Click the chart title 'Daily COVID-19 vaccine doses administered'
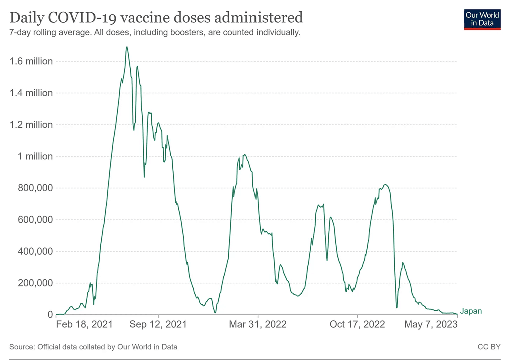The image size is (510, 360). [x=156, y=18]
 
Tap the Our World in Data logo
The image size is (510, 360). [x=483, y=19]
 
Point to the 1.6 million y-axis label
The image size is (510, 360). [x=31, y=61]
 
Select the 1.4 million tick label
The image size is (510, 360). [x=31, y=93]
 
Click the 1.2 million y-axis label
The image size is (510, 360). [x=31, y=125]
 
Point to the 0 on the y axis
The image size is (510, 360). [x=50, y=315]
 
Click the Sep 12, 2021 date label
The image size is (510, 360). [x=158, y=324]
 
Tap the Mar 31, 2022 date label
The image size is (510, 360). [x=258, y=324]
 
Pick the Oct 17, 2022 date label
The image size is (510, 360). [x=357, y=324]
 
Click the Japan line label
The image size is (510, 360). [x=471, y=311]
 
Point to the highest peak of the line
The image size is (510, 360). [x=127, y=47]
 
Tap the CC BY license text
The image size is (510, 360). [x=489, y=346]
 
